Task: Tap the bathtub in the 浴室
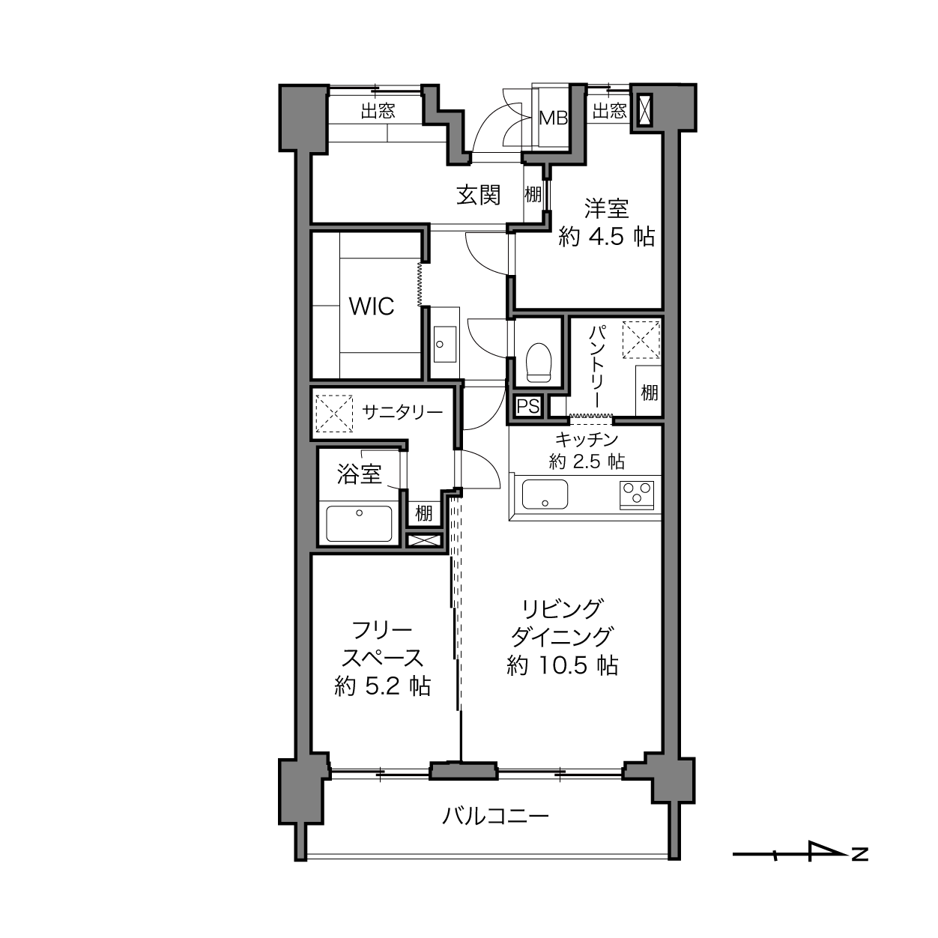[x=359, y=524]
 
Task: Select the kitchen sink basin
[x=545, y=494]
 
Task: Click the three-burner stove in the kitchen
[x=637, y=494]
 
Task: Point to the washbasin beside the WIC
[x=445, y=344]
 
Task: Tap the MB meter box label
[x=554, y=118]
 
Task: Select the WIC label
[x=372, y=306]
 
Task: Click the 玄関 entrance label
[x=478, y=196]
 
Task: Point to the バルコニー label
[x=495, y=815]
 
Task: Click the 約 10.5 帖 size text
[x=563, y=665]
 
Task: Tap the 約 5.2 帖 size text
[x=383, y=686]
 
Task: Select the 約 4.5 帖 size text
[x=607, y=237]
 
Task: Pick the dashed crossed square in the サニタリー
[x=334, y=414]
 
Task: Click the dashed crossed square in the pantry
[x=641, y=339]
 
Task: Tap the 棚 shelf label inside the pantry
[x=650, y=392]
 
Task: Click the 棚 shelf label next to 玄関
[x=533, y=195]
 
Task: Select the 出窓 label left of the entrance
[x=378, y=112]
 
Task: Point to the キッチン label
[x=587, y=440]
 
